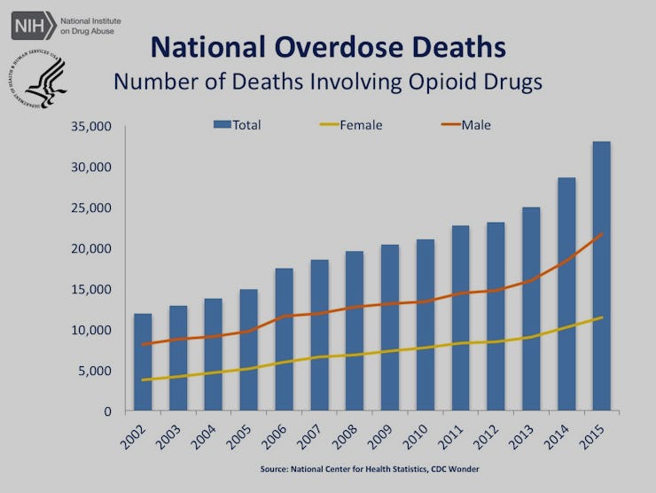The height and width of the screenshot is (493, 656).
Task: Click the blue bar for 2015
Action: (x=601, y=276)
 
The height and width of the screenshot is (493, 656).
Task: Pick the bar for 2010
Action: (x=425, y=325)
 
